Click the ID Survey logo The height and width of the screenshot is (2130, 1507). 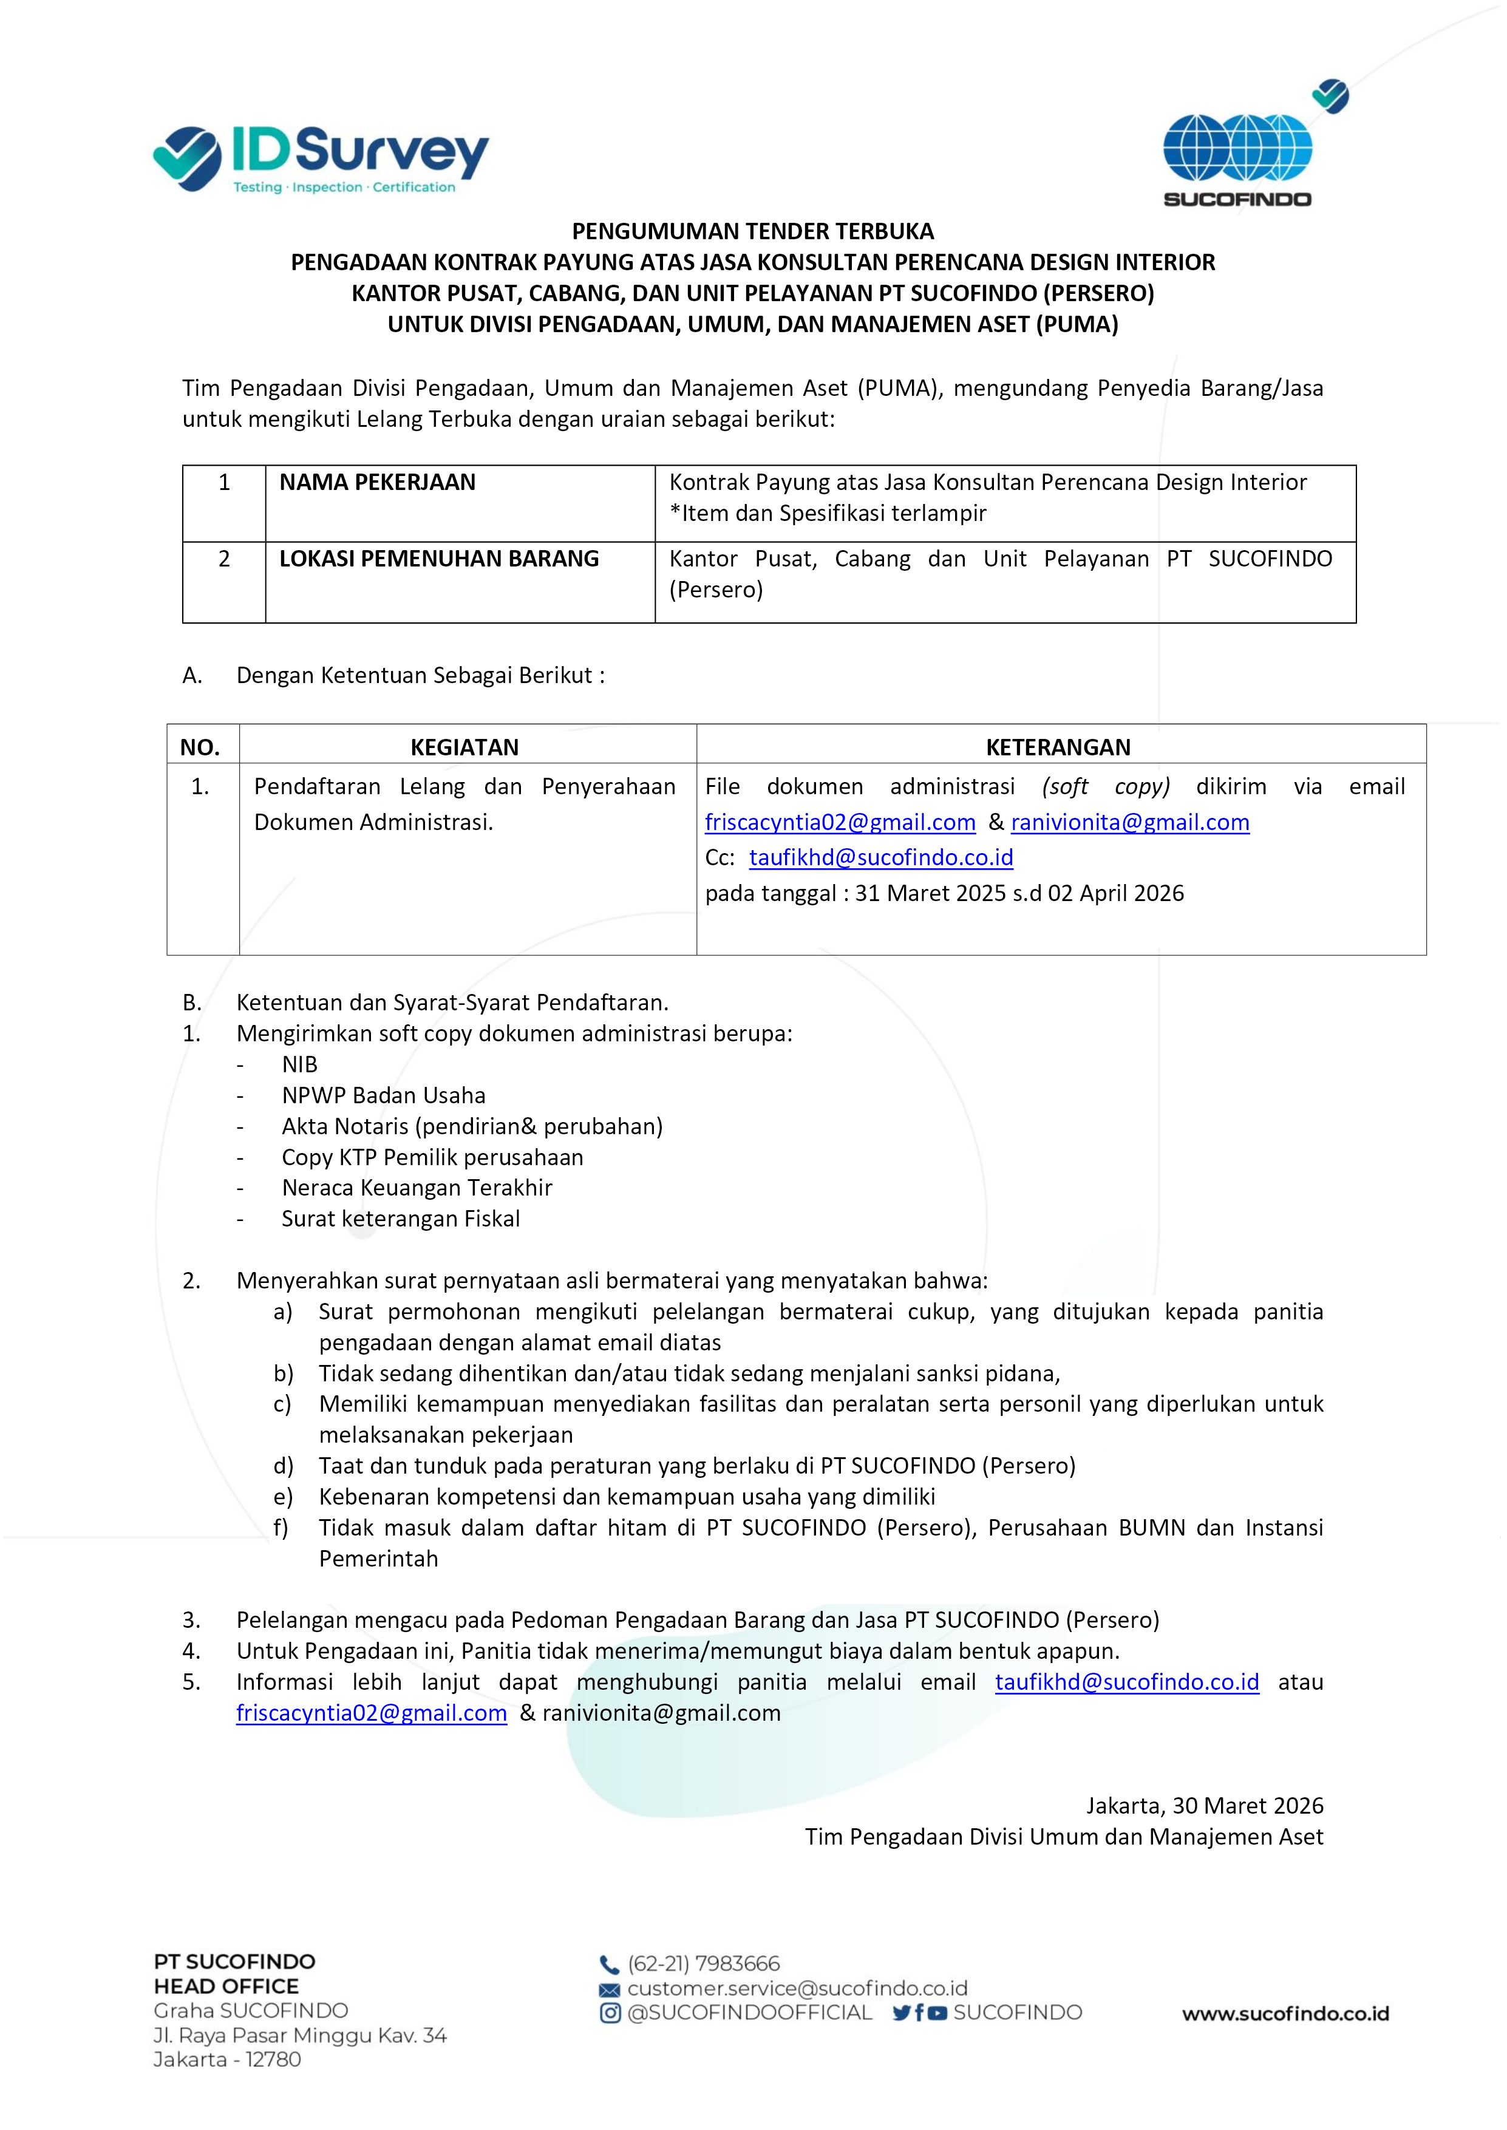(321, 160)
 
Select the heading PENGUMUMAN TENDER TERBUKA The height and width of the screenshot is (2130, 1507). (752, 231)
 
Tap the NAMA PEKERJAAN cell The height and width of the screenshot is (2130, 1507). (378, 482)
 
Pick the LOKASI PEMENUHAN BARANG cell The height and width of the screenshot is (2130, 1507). (439, 559)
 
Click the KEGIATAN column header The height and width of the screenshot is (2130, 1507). (465, 747)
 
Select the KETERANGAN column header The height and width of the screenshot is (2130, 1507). (1058, 747)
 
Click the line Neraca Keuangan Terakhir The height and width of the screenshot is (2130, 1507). (417, 1188)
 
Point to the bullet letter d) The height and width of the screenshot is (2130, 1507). (283, 1466)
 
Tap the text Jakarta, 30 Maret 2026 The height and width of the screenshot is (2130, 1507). (1205, 1805)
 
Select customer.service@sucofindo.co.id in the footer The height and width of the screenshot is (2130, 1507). (797, 1988)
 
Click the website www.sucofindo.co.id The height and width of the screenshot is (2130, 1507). (1285, 2013)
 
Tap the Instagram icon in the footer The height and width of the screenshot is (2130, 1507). (610, 2012)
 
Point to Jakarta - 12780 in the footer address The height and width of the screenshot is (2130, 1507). (227, 2060)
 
